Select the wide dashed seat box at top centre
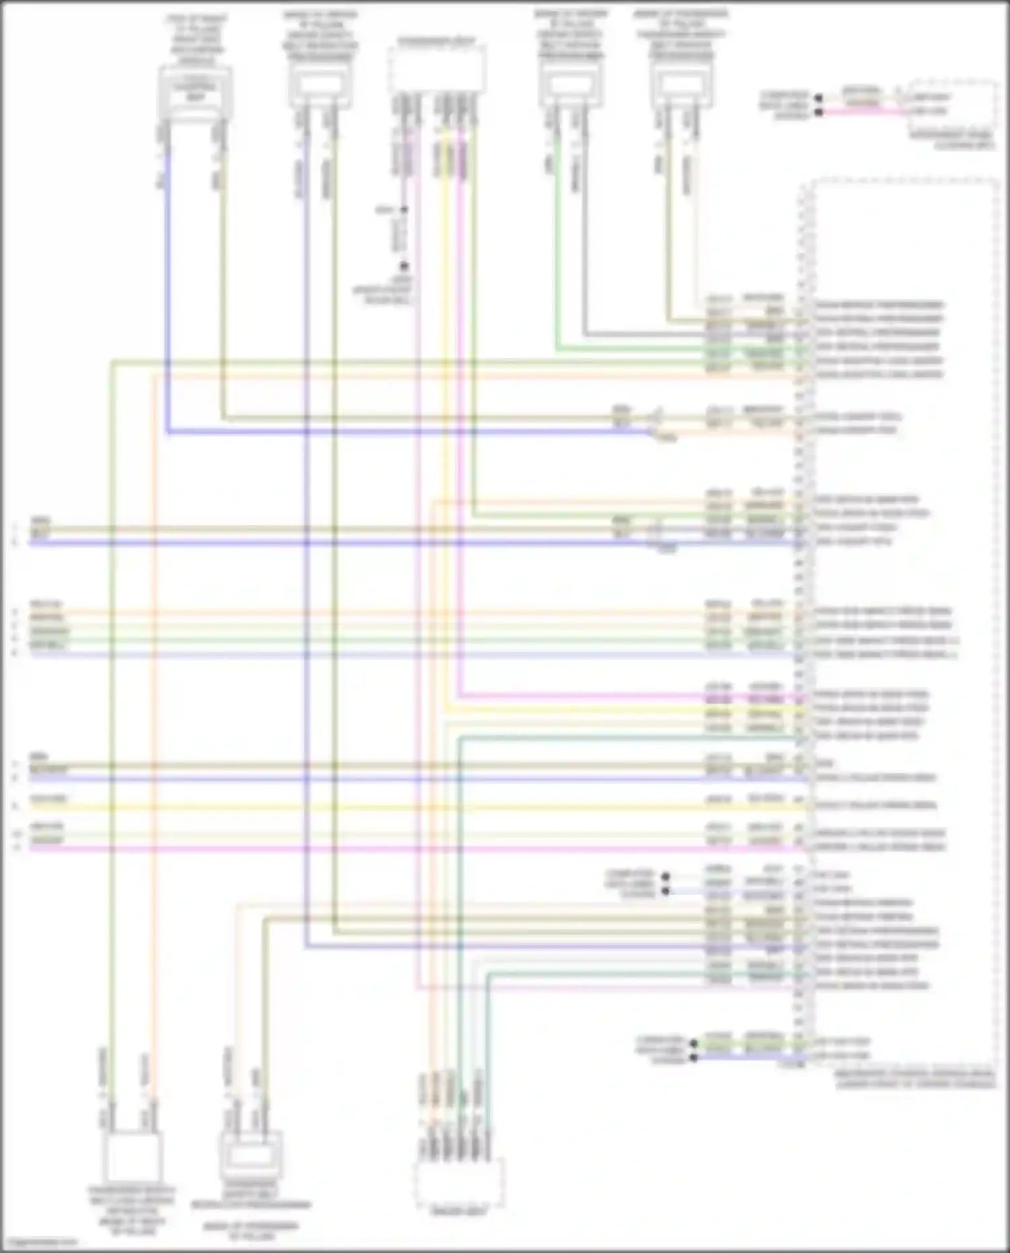(x=437, y=70)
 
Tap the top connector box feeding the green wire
(x=571, y=88)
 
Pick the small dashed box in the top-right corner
(x=952, y=104)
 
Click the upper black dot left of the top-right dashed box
(x=819, y=98)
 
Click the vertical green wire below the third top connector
(x=557, y=256)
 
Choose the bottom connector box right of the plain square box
(x=251, y=1155)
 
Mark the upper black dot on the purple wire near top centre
(x=404, y=210)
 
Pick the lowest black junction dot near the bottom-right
(x=694, y=1058)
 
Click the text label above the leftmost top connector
(x=197, y=39)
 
